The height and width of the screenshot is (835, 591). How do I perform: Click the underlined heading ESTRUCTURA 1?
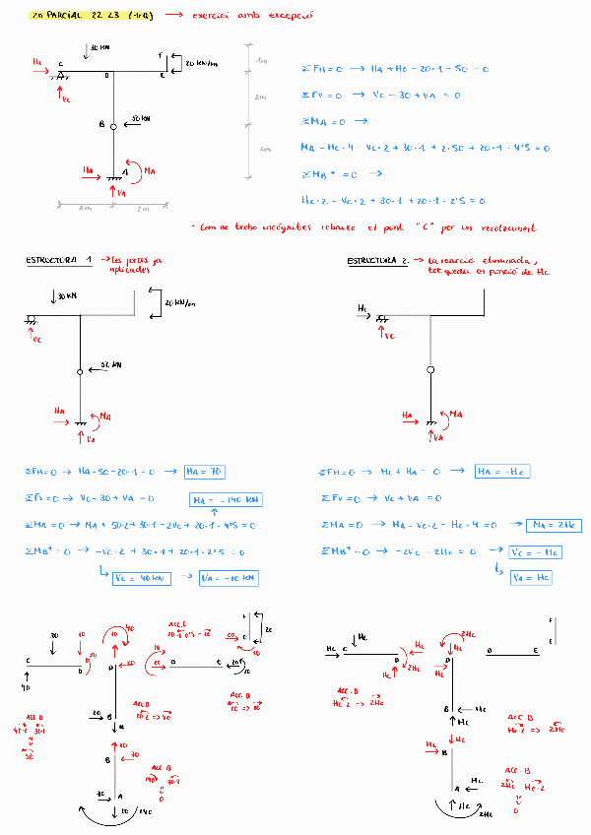[59, 261]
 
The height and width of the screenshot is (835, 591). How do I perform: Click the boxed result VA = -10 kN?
[229, 578]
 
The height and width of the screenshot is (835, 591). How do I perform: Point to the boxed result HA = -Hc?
[501, 472]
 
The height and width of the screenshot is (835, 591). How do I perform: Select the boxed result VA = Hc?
[530, 578]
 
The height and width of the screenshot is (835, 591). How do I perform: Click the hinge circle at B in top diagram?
[113, 126]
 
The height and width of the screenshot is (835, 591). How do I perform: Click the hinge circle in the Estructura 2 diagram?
[429, 369]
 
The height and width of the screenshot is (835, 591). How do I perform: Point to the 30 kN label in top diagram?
[99, 47]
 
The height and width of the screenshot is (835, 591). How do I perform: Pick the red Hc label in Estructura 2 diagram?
[363, 309]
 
